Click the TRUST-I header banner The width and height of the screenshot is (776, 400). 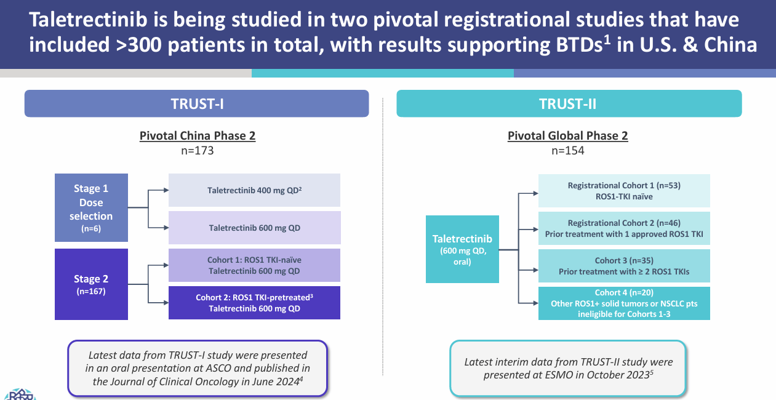(196, 103)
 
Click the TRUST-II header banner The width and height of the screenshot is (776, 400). (569, 103)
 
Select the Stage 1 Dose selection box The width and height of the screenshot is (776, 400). (91, 207)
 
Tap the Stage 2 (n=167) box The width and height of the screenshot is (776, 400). (91, 284)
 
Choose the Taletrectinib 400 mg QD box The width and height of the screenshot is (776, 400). (254, 190)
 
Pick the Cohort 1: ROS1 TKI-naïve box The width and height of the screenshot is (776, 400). (254, 265)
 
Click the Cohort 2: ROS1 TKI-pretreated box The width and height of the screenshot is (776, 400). (254, 303)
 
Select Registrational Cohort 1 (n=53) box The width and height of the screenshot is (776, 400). (624, 191)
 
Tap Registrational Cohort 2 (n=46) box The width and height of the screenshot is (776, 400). (624, 228)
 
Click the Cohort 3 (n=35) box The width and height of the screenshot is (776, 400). (624, 266)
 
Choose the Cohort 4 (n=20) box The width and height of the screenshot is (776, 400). (624, 303)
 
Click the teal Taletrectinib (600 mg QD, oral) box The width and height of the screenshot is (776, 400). (462, 249)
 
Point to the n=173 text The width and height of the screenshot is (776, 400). (197, 150)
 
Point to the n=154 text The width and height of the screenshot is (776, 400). (567, 150)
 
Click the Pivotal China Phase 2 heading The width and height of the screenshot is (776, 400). (197, 136)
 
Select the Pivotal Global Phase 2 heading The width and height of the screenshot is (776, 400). (567, 136)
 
